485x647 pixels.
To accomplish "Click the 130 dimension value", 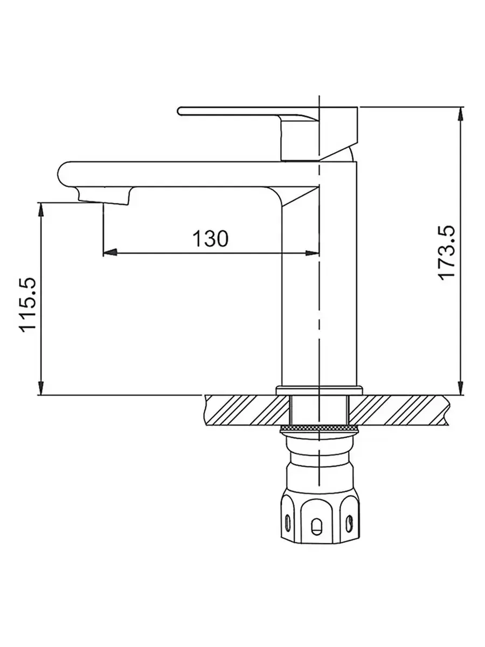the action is (x=210, y=238).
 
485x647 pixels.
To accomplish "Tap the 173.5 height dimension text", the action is (x=447, y=253).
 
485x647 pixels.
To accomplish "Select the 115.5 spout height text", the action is (x=27, y=305).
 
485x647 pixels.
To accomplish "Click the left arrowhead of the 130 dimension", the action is (x=110, y=253).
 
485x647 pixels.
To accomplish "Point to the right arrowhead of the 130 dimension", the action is (x=312, y=253).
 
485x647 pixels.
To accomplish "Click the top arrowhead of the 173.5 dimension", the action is (x=460, y=114).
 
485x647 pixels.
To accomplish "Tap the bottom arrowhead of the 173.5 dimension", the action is (x=460, y=388).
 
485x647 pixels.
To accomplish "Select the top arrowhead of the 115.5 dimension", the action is (x=41, y=210).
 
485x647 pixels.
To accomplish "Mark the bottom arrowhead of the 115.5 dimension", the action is (x=41, y=388).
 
